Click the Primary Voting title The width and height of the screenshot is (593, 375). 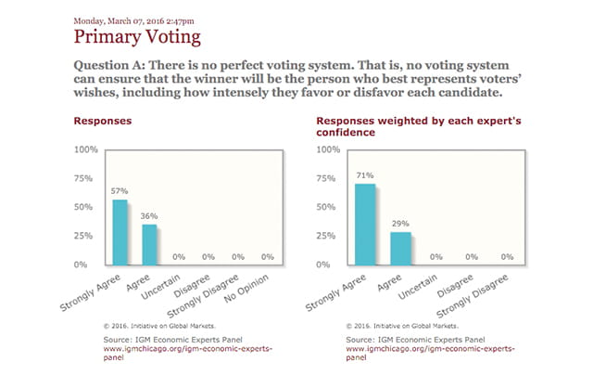135,37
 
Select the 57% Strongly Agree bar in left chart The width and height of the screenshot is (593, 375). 120,232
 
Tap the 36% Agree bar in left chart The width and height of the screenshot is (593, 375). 149,244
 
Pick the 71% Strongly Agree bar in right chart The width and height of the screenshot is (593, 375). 365,224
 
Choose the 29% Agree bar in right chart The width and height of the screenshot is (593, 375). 400,248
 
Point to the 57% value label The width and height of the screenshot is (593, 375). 120,191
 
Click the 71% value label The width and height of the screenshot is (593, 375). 365,175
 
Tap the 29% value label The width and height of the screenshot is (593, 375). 400,224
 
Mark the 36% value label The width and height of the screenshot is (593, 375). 149,215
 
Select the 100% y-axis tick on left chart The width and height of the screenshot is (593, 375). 86,149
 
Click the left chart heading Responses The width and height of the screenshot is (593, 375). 102,122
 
